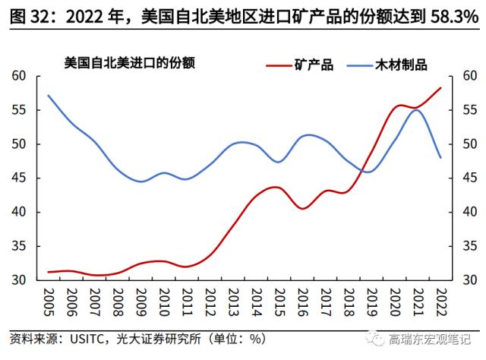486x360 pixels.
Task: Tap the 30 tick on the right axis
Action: click(465, 280)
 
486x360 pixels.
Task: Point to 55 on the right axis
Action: click(465, 110)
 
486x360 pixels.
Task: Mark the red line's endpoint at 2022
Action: click(440, 88)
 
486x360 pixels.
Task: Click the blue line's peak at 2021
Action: click(416, 110)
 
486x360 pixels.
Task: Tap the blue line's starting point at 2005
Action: click(49, 96)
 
